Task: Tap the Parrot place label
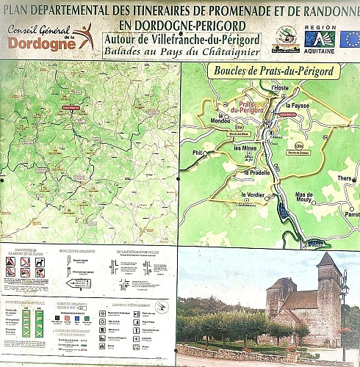350,215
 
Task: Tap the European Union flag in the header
350,38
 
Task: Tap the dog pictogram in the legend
25,262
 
